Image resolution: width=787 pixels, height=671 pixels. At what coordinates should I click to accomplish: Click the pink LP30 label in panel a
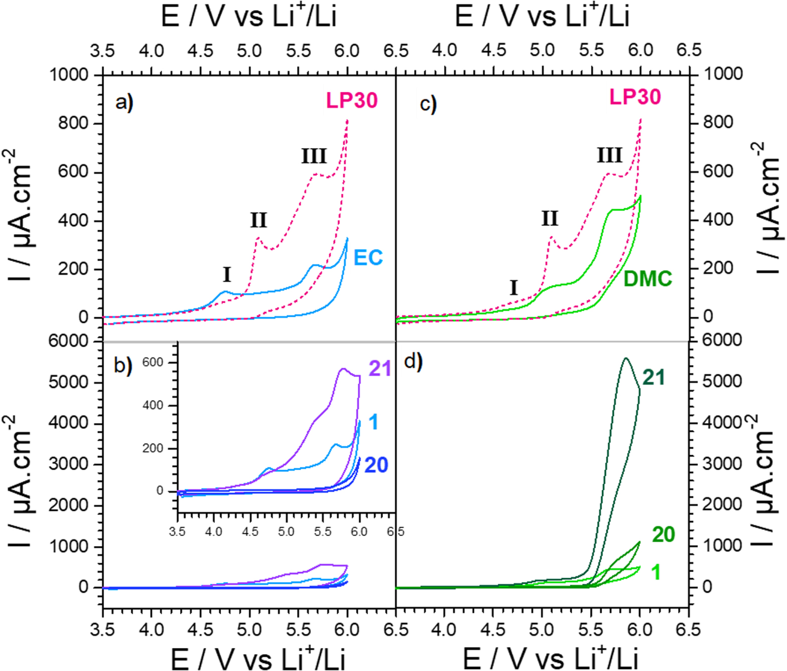click(x=351, y=101)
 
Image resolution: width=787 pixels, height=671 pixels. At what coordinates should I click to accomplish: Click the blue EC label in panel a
click(x=368, y=258)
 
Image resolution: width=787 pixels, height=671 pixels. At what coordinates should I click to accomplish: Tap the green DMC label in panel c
click(x=647, y=279)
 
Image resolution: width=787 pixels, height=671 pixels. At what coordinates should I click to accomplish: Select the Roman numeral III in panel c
click(x=609, y=156)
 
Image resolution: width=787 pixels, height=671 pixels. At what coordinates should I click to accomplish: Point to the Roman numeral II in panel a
click(x=259, y=220)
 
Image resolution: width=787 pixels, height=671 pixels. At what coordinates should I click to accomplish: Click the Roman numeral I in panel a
click(x=227, y=275)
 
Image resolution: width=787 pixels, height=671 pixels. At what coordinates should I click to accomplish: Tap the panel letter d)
click(x=413, y=361)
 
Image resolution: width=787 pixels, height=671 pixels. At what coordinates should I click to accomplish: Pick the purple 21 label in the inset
click(x=379, y=369)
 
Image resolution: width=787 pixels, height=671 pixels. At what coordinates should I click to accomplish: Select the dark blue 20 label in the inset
click(x=376, y=465)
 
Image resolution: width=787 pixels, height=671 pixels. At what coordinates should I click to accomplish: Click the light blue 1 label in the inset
click(x=373, y=422)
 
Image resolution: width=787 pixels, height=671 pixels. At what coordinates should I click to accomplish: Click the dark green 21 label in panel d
click(x=654, y=378)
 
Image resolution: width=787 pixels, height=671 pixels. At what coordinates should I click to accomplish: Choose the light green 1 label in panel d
click(x=656, y=572)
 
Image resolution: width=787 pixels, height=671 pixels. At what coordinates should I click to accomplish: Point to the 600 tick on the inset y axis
click(x=152, y=362)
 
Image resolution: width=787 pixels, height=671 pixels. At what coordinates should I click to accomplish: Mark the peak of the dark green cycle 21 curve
click(x=626, y=358)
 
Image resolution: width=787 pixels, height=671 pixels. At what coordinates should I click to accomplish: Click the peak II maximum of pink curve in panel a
click(x=258, y=237)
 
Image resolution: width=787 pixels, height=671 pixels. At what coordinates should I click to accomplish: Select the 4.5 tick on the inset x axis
click(x=250, y=531)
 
